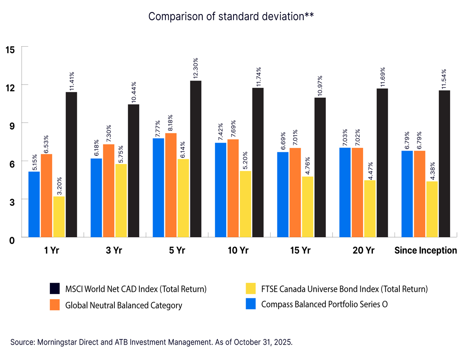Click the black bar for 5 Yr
196,159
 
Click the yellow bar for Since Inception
432,209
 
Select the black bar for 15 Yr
320,167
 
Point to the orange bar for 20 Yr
358,192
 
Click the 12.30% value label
196,68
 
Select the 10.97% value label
320,85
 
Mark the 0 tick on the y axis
12,240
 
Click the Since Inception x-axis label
426,250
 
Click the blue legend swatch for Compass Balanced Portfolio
250,304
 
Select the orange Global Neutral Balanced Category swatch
55,305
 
